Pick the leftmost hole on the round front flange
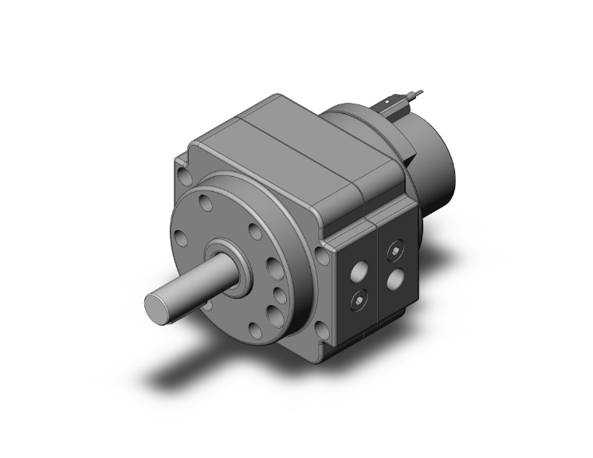(182, 237)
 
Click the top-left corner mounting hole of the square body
(186, 170)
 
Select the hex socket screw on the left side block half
(358, 302)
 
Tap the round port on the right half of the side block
(394, 280)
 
